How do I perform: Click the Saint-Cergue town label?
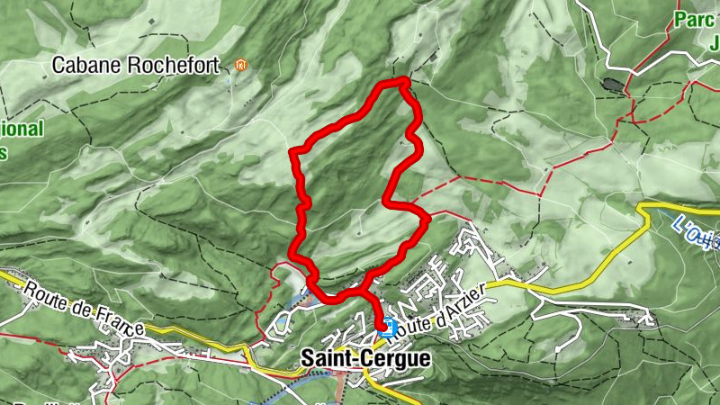tap(364, 358)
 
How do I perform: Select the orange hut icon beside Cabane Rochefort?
tap(239, 65)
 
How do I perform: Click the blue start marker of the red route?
tap(386, 328)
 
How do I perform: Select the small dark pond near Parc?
tap(613, 85)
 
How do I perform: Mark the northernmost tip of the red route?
tap(402, 81)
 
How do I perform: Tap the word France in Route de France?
tap(119, 320)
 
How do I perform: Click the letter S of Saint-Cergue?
tap(306, 358)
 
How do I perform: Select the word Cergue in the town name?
tap(396, 358)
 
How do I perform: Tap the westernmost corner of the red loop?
tap(292, 150)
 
